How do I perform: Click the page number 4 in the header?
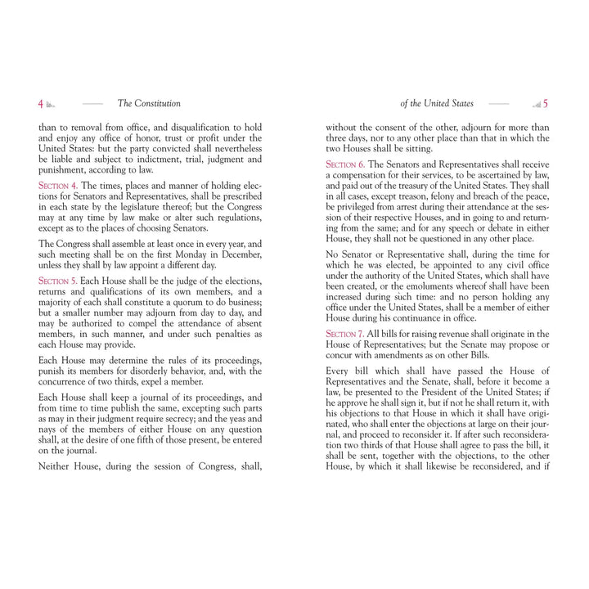coord(41,104)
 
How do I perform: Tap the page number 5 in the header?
coord(546,104)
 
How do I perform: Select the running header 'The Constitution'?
coord(149,104)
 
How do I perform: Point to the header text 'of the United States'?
coord(437,104)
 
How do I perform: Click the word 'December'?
coord(232,254)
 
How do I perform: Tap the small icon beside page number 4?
coord(51,105)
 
